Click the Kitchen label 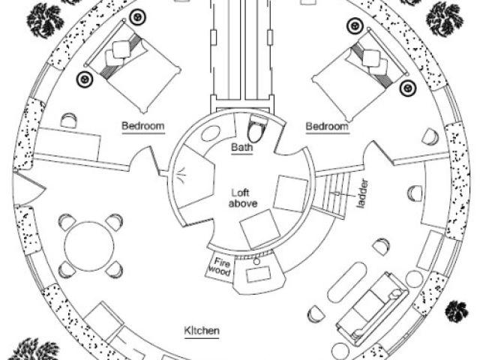point(202,330)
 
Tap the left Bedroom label point(143,126)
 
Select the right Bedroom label point(327,126)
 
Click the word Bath point(241,148)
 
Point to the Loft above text point(239,198)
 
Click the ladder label point(361,193)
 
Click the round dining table point(90,246)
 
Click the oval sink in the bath point(211,133)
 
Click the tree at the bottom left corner point(34,350)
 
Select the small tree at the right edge point(456,310)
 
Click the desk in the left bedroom point(68,142)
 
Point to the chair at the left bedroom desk point(69,120)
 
